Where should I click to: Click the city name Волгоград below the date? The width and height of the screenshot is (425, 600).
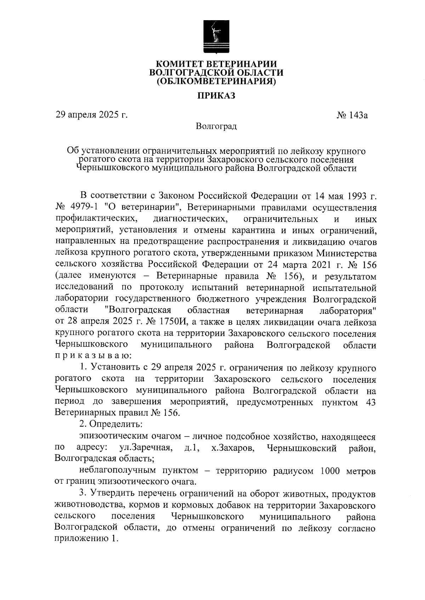[x=216, y=126]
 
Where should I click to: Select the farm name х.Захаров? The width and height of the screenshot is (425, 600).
[x=232, y=448]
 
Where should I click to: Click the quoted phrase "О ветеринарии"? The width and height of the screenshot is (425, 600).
[x=143, y=207]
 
